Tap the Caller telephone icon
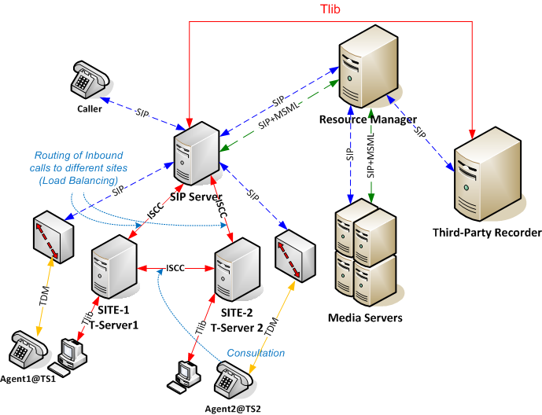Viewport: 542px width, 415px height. point(89,79)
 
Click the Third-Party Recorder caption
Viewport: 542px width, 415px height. point(487,233)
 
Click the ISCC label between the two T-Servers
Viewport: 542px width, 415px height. point(175,267)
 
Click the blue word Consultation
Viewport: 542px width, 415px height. point(256,353)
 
